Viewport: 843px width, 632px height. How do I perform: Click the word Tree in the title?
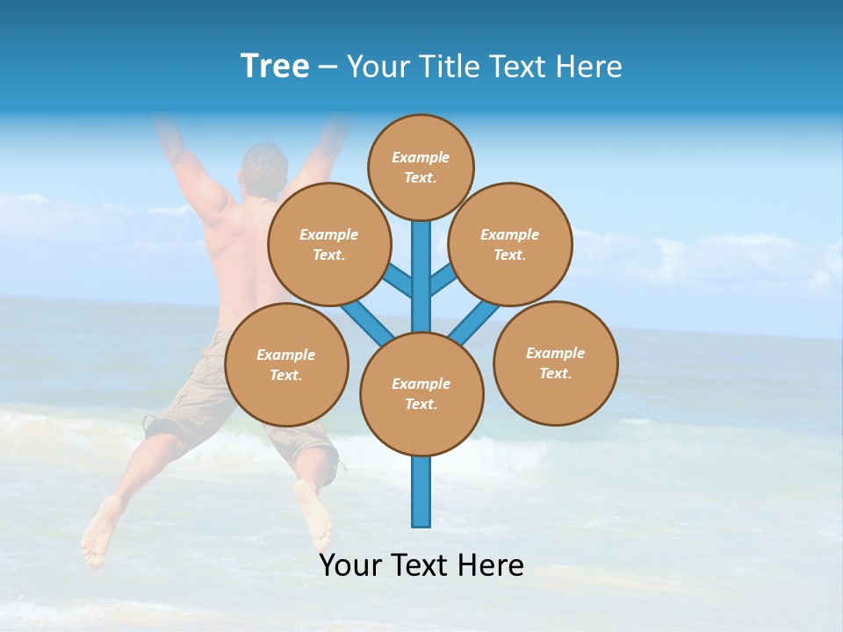tap(275, 67)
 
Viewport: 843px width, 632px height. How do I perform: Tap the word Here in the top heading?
tap(588, 67)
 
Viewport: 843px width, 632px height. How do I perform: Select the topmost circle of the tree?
tap(421, 167)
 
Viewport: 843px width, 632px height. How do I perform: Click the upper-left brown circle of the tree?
tap(329, 244)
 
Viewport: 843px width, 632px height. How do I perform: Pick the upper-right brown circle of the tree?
tap(510, 244)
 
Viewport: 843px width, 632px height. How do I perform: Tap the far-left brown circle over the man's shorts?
tap(286, 364)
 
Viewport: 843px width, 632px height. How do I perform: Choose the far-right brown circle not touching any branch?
tap(556, 363)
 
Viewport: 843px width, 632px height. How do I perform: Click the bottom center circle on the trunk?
tap(421, 394)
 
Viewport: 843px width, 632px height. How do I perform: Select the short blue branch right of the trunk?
tap(443, 280)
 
